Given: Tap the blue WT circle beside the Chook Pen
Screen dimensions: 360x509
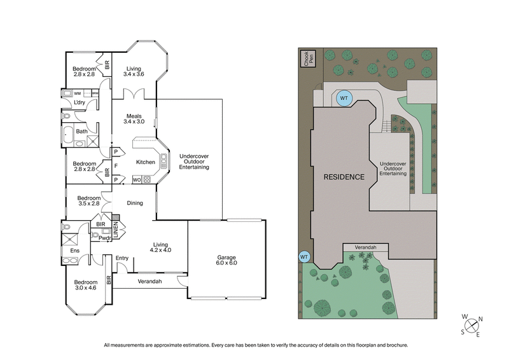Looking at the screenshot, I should [344, 98].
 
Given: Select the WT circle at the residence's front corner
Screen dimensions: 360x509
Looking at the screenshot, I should [304, 256].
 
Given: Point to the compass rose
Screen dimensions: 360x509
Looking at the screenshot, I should [473, 326].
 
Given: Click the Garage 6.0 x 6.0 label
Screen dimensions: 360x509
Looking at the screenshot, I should [226, 260].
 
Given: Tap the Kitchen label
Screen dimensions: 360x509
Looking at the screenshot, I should [146, 162].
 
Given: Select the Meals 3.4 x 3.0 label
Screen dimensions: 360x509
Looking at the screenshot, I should [134, 118].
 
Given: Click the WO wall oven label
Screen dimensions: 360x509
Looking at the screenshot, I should [136, 180].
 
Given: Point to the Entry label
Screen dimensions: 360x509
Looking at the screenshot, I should [122, 258].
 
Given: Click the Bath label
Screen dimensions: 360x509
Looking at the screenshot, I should [81, 132].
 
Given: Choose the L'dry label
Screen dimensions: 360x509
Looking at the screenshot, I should [80, 102].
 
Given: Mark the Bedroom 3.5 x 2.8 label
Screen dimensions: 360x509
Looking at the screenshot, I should [84, 200].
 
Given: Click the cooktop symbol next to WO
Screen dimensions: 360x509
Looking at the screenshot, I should [147, 180].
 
